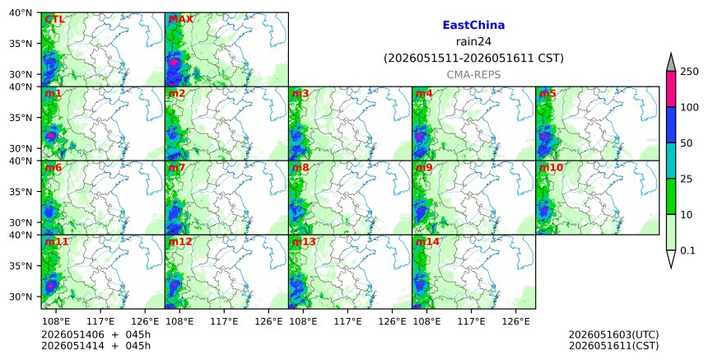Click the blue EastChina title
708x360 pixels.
(x=473, y=26)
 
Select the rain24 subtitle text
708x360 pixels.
(x=473, y=41)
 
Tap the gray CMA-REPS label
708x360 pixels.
(x=473, y=75)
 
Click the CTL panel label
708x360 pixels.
(x=54, y=20)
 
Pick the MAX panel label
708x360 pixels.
(x=180, y=20)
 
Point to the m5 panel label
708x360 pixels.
(x=547, y=93)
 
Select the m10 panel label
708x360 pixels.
(x=551, y=167)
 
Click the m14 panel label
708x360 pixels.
(x=426, y=241)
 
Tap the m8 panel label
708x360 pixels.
(x=300, y=167)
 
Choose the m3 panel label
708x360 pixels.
(x=300, y=93)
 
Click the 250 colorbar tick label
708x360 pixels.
(x=689, y=72)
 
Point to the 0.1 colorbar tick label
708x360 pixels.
(x=687, y=250)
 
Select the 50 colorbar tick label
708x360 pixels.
(x=687, y=143)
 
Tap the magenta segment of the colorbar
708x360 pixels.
(x=670, y=89)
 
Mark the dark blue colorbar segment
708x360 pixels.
(x=670, y=125)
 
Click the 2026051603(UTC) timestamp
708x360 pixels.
(x=613, y=334)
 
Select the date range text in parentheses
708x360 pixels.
(x=473, y=58)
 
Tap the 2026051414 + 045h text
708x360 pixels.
(x=95, y=346)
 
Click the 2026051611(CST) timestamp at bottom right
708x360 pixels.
(x=613, y=346)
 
